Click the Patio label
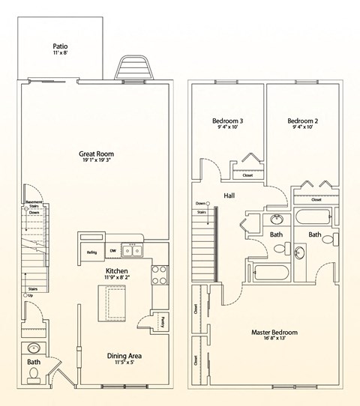[x=59, y=44]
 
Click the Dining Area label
[x=124, y=356]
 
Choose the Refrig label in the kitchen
[x=91, y=252]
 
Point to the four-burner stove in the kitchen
[x=160, y=276]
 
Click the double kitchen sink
[x=134, y=252]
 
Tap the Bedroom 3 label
[x=227, y=121]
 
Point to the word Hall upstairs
[x=229, y=196]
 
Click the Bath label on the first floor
[x=34, y=363]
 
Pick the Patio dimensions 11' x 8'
[x=59, y=52]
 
